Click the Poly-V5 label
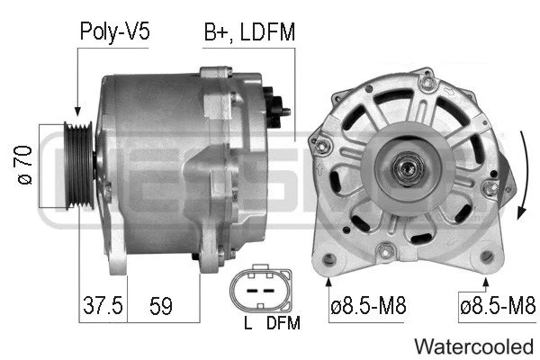(113, 32)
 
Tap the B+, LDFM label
(249, 32)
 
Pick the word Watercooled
(472, 346)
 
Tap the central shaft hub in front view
(406, 166)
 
